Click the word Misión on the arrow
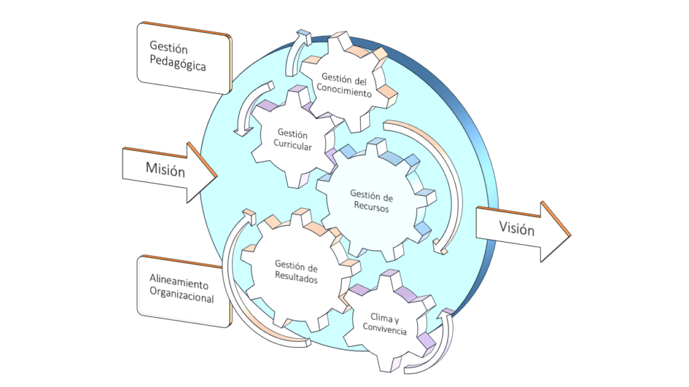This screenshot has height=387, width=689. (x=165, y=169)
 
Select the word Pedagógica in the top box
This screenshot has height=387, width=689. (x=178, y=66)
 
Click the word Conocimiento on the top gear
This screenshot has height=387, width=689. (x=344, y=93)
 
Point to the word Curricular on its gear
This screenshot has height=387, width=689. (x=292, y=147)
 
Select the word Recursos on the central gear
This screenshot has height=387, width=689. (x=371, y=208)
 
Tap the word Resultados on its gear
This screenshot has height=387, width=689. (x=296, y=279)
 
